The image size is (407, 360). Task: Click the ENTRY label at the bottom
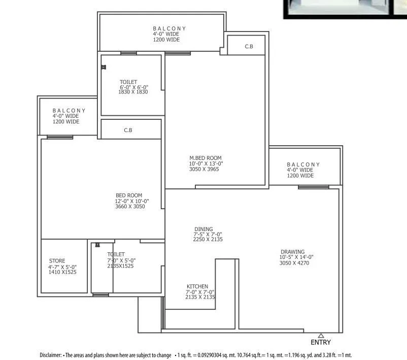pyautogui.click(x=321, y=342)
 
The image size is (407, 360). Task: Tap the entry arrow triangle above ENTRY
pyautogui.click(x=321, y=335)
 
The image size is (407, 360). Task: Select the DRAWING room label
pyautogui.click(x=293, y=252)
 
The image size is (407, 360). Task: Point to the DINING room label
pyautogui.click(x=203, y=229)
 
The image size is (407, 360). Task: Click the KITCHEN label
pyautogui.click(x=197, y=287)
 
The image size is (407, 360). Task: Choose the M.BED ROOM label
pyautogui.click(x=205, y=158)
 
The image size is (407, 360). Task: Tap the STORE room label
pyautogui.click(x=57, y=261)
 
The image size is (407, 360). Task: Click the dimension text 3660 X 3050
pyautogui.click(x=130, y=207)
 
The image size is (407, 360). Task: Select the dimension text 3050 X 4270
pyautogui.click(x=294, y=263)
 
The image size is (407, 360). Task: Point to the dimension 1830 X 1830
pyautogui.click(x=132, y=92)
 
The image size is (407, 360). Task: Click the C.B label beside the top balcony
pyautogui.click(x=249, y=47)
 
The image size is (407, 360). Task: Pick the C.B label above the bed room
pyautogui.click(x=128, y=130)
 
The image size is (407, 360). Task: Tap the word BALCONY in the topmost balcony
pyautogui.click(x=169, y=28)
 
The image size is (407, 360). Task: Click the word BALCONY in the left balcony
pyautogui.click(x=69, y=110)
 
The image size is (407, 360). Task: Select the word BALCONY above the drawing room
pyautogui.click(x=303, y=165)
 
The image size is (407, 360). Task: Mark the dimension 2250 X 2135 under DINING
pyautogui.click(x=208, y=239)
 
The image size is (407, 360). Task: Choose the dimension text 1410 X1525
pyautogui.click(x=62, y=272)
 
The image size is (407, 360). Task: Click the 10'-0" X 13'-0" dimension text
pyautogui.click(x=206, y=163)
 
